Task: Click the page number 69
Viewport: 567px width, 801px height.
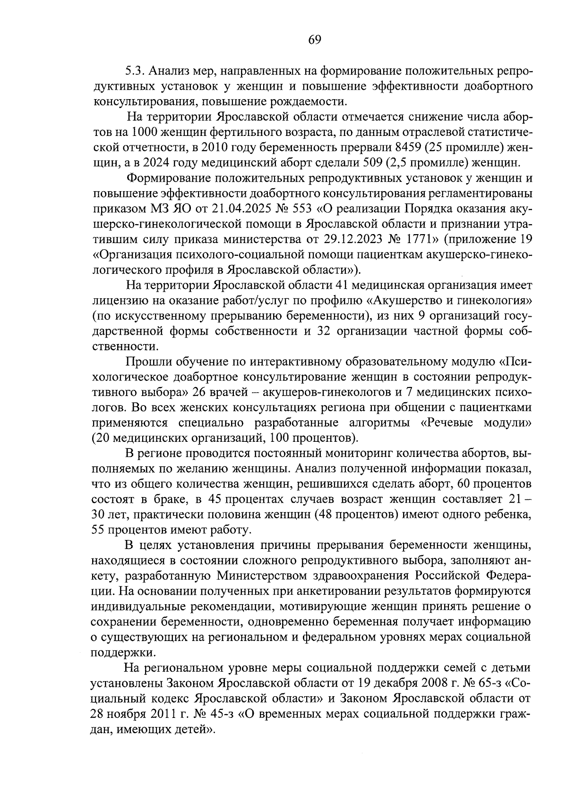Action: [x=315, y=40]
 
